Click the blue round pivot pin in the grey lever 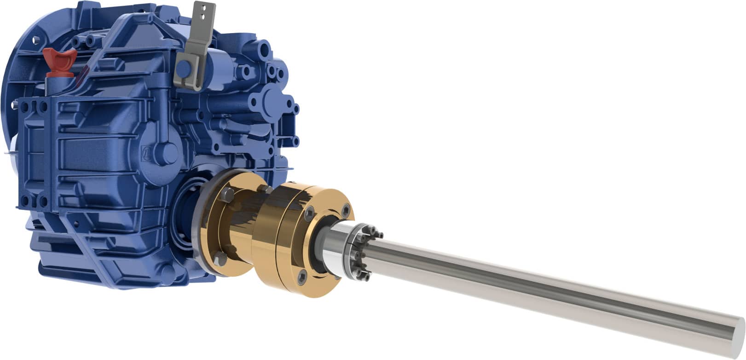coord(184,69)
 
